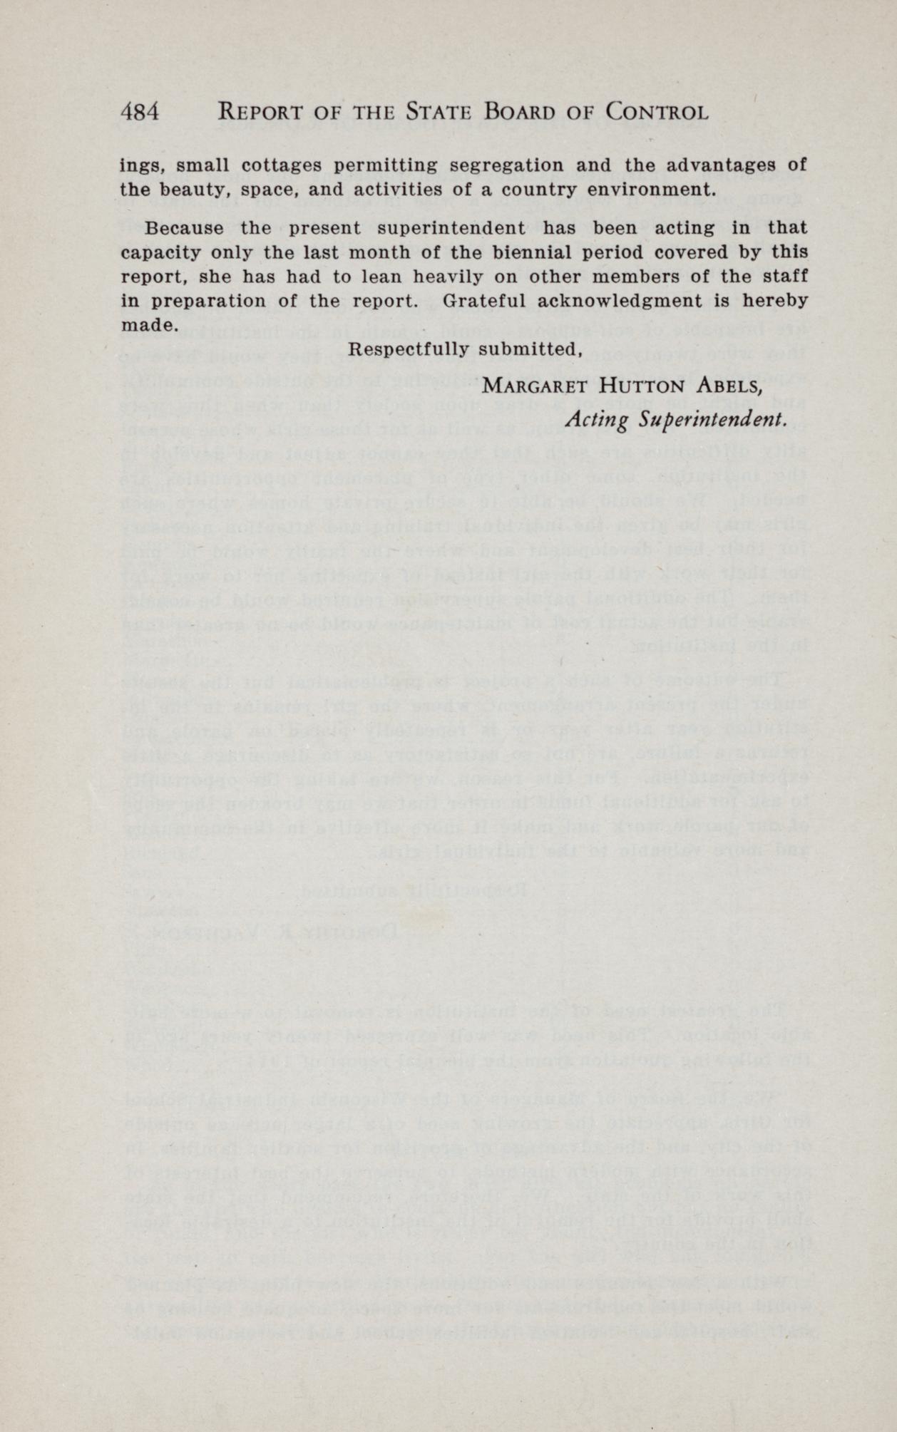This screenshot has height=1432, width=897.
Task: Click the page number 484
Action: coord(143,113)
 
